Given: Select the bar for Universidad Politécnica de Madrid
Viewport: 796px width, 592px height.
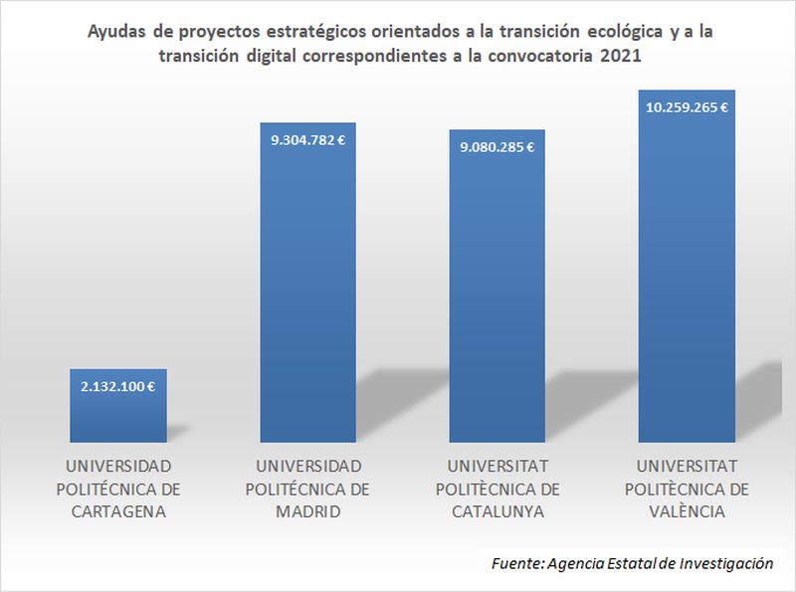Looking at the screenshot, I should [x=307, y=298].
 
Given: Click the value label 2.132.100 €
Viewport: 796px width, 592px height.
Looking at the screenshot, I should [x=117, y=384].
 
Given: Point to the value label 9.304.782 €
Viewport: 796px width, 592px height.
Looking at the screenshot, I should [x=307, y=140].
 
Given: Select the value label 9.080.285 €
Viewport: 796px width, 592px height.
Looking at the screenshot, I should [x=497, y=147].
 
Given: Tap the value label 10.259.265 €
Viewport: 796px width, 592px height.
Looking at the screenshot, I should [x=687, y=107].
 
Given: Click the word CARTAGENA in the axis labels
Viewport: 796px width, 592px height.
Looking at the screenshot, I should [x=117, y=512].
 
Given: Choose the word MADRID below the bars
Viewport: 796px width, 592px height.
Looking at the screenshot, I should [x=307, y=512].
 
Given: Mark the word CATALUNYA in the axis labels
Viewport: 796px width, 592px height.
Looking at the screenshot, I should [x=497, y=512].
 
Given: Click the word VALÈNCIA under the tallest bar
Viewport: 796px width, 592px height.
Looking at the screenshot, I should [x=687, y=512].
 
